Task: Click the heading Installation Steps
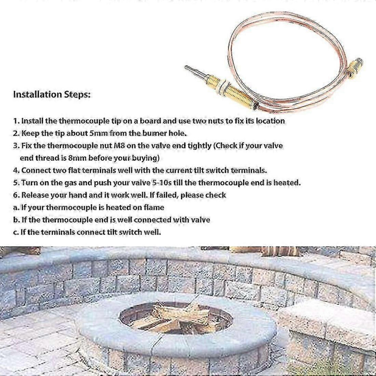(x=52, y=95)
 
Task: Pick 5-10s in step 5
(x=162, y=183)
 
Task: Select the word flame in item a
(x=154, y=207)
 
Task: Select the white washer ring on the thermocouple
(x=222, y=86)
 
